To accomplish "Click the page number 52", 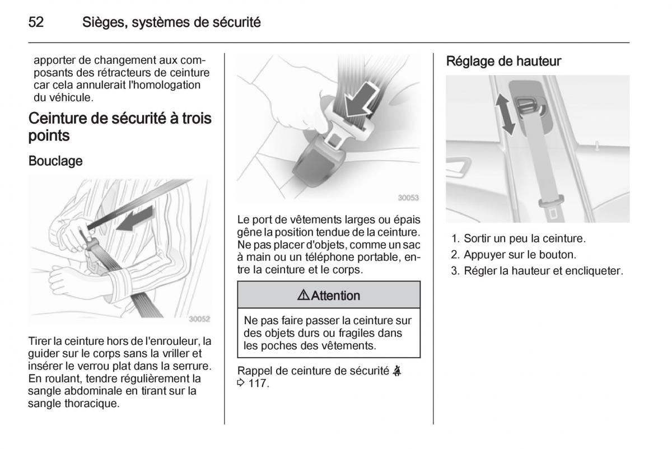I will tap(36, 23).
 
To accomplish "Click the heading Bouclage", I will tap(55, 161).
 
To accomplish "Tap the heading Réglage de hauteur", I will tap(503, 62).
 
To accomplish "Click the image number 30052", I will tap(199, 319).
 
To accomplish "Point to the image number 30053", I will tap(408, 198).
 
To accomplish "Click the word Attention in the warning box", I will tap(335, 296).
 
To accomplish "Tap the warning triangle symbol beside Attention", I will tap(304, 295).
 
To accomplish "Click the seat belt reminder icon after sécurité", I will tap(397, 371).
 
